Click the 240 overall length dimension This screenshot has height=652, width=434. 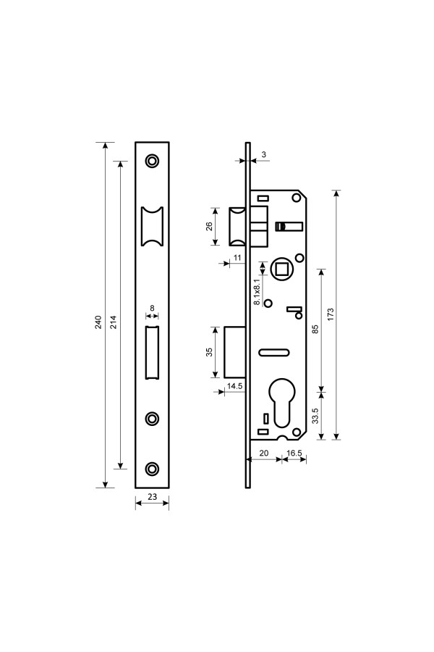(98, 322)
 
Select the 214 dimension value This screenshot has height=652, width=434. (114, 322)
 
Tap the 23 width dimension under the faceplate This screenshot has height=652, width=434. (153, 496)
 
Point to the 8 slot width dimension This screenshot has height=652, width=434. (152, 308)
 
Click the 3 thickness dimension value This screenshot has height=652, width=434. (264, 154)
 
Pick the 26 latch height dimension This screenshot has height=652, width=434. (210, 226)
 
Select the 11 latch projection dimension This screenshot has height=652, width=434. (237, 258)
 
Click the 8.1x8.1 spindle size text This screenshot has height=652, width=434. (258, 289)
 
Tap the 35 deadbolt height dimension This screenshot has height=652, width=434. (210, 352)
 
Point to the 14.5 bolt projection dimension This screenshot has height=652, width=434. (234, 386)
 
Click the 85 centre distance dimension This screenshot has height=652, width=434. (315, 330)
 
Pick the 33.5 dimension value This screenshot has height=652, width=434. (315, 415)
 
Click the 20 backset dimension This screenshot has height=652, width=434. (264, 453)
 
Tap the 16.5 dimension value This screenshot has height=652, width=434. (294, 453)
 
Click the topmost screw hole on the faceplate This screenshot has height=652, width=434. (152, 161)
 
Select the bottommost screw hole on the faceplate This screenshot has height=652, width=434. (152, 469)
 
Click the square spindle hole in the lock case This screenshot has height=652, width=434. (282, 269)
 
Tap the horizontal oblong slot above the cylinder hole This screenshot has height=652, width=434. (273, 353)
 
